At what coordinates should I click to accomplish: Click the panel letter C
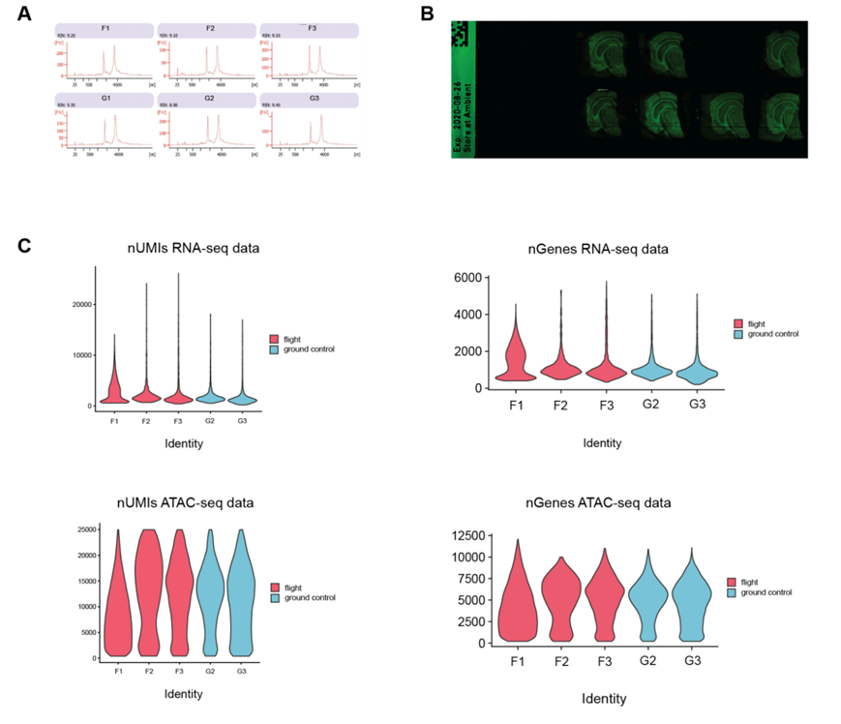[x=25, y=247]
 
